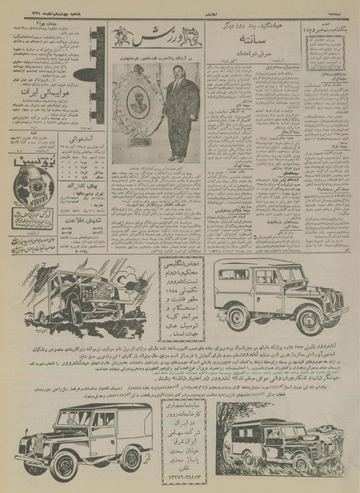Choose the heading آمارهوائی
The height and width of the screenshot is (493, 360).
pyautogui.click(x=71, y=138)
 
